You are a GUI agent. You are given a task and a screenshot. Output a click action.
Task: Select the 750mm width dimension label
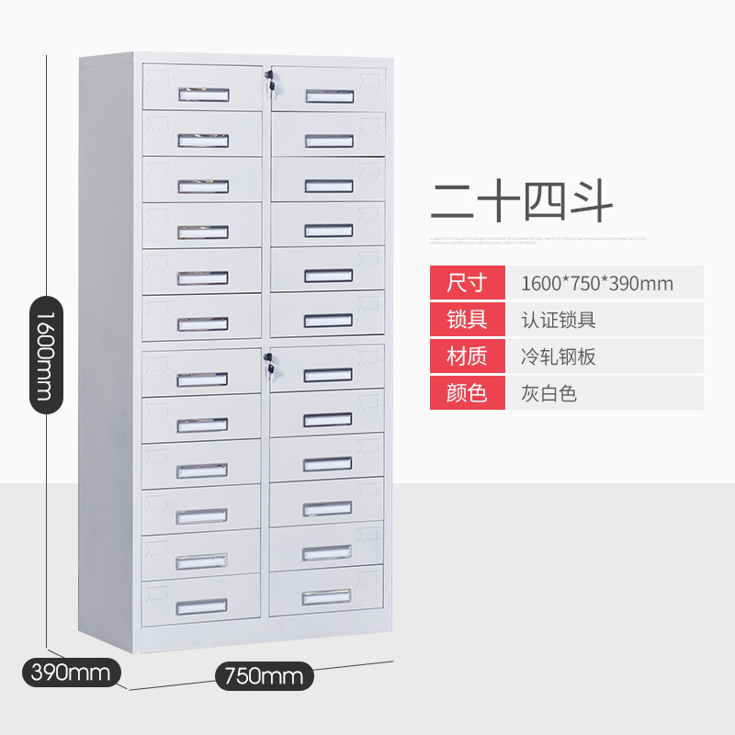tap(264, 677)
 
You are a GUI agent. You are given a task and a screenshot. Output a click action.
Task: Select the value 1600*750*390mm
tap(596, 283)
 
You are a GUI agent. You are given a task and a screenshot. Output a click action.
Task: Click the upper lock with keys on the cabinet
tap(269, 81)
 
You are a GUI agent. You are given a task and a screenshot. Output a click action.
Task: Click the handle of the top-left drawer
tap(202, 94)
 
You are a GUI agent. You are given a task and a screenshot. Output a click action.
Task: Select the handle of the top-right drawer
tap(329, 96)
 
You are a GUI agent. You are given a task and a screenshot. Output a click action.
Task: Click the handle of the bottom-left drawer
tap(201, 605)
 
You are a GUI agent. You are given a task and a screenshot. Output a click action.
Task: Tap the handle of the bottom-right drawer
tap(327, 596)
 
